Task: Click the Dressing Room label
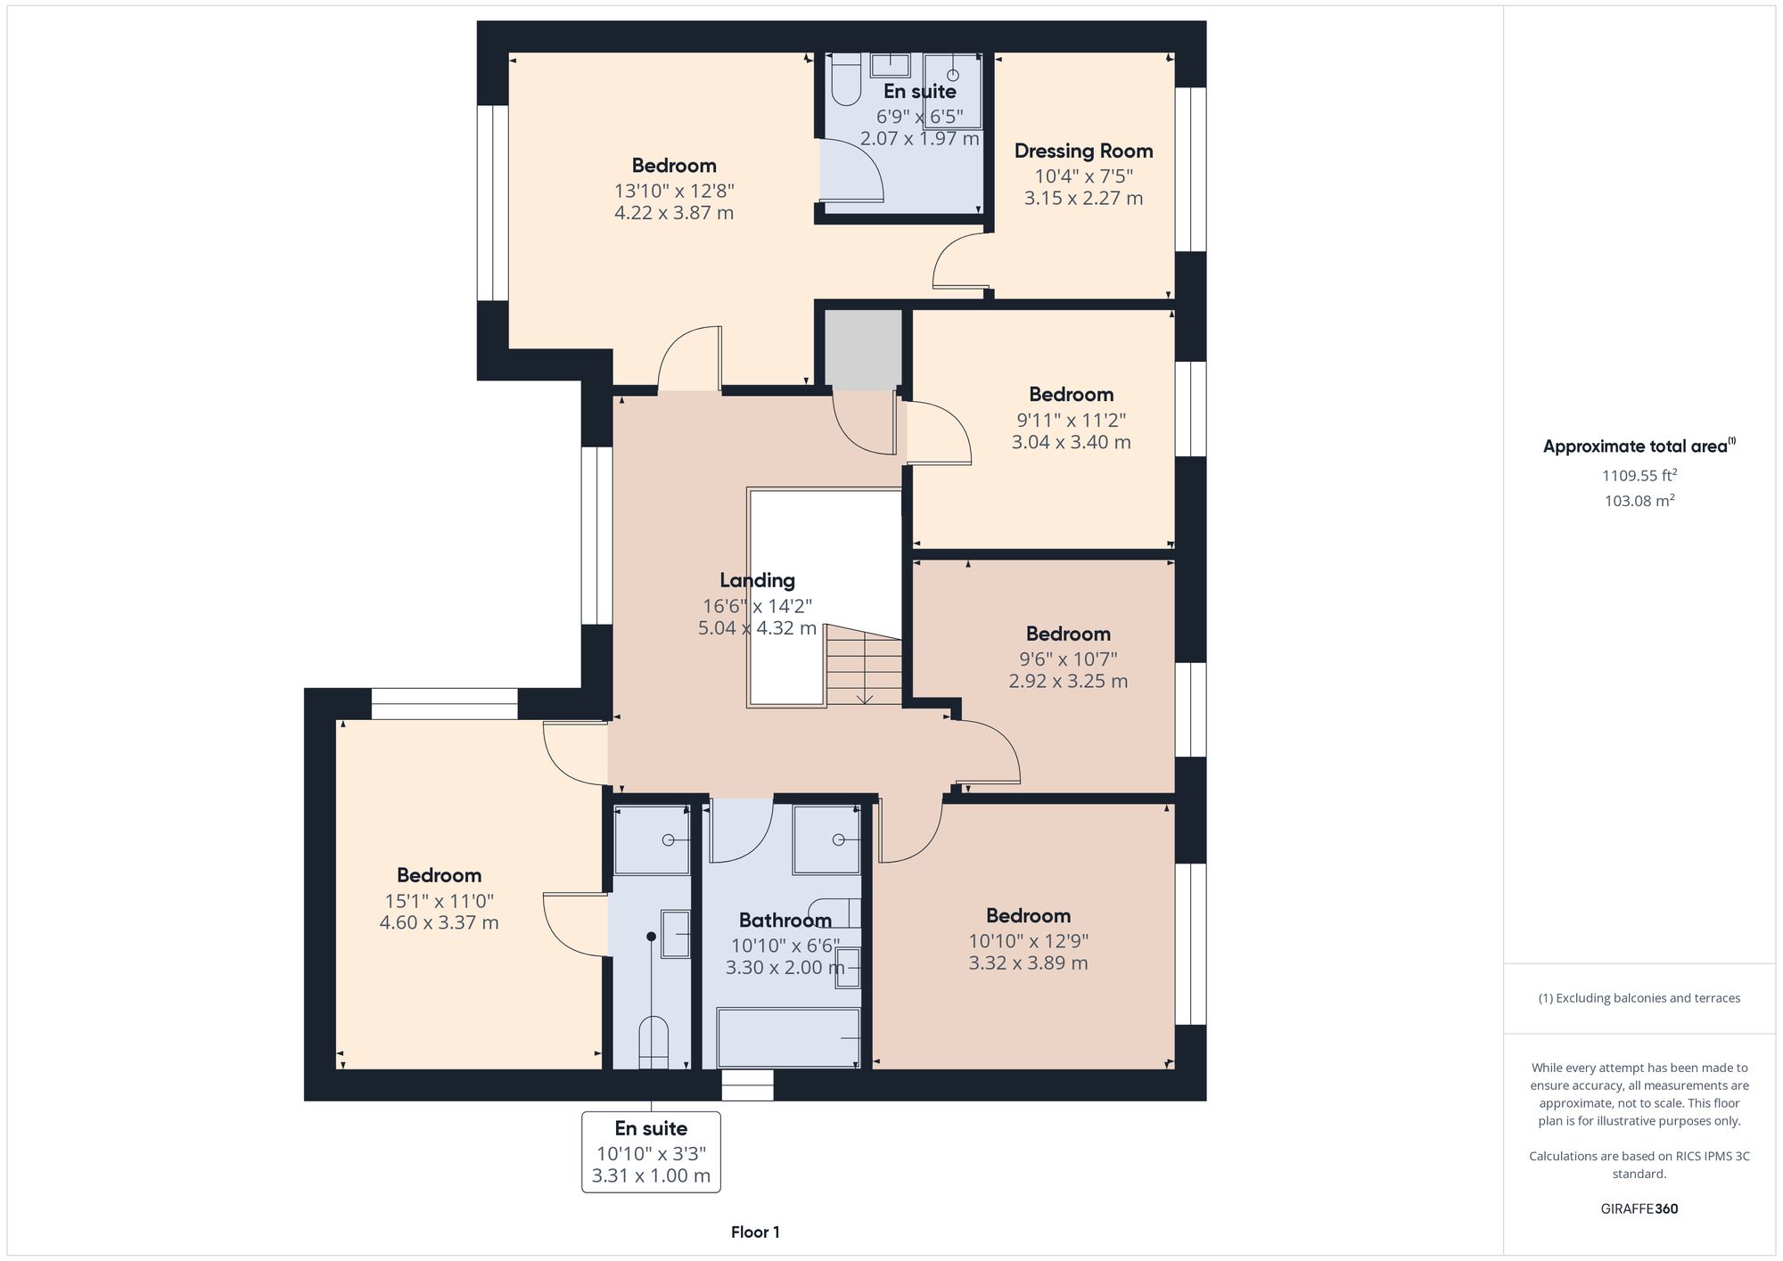[x=1083, y=151]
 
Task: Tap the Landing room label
[x=757, y=580]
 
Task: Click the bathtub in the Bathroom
[x=788, y=1037]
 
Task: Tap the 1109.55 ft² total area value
[x=1639, y=475]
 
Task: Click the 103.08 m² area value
[x=1639, y=501]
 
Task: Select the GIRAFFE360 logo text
[x=1639, y=1208]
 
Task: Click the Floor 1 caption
[x=755, y=1232]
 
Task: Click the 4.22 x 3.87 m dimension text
[x=673, y=213]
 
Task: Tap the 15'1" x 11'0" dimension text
[x=439, y=900]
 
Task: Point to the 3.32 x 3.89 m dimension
[x=1028, y=962]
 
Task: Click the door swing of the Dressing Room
[x=961, y=261]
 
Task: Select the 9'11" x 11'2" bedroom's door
[x=938, y=433]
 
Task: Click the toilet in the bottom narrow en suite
[x=653, y=1042]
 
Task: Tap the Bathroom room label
[x=785, y=920]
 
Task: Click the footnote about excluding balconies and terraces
[x=1639, y=998]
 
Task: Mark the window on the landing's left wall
[x=596, y=535]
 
